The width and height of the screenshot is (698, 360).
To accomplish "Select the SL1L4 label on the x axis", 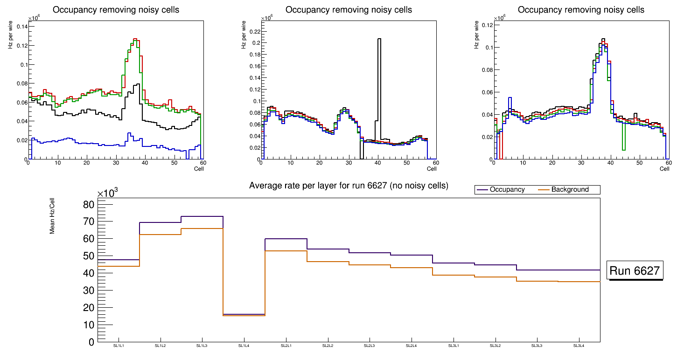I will pos(244,346).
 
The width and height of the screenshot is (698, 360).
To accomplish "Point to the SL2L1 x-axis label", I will pos(286,346).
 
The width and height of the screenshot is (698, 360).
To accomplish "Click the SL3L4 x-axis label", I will pos(579,346).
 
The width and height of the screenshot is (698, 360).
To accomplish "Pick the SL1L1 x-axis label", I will pos(119,346).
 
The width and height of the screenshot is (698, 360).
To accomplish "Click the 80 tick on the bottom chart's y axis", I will pos(89,205).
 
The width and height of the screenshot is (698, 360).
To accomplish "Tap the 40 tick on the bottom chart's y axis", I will pos(89,273).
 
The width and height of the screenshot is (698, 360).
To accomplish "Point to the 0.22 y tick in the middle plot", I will pos(253,31).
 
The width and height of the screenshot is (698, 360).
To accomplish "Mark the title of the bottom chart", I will pos(349,186).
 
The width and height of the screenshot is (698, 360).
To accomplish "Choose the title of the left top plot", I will pos(116,10).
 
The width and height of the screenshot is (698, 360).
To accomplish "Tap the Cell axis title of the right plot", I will pos(664,168).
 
